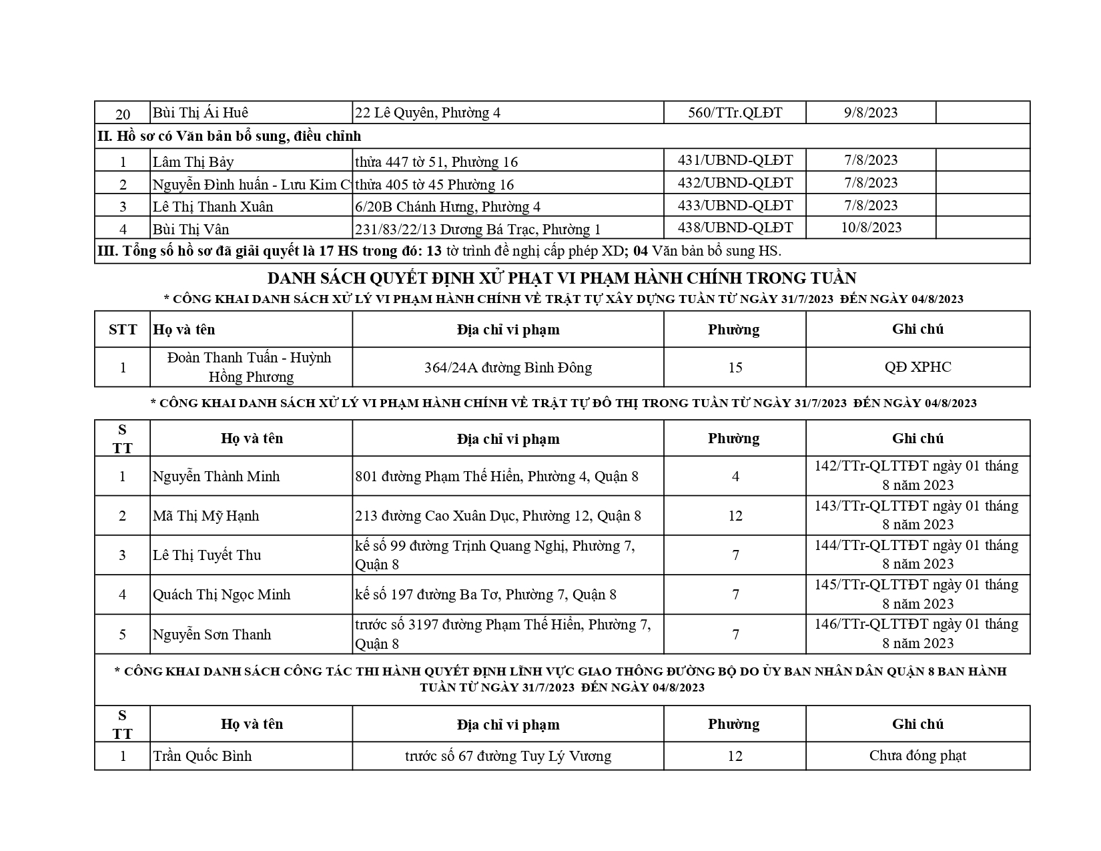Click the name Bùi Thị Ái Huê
point(201,113)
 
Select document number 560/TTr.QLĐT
point(735,113)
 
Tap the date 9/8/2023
point(871,113)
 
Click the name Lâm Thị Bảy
point(194,162)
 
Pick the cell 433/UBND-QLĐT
point(735,206)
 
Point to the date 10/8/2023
point(871,228)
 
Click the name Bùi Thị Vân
point(191,230)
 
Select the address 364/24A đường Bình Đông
point(508,367)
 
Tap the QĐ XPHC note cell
point(917,367)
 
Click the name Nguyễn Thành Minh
point(216,477)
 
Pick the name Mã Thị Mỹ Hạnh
point(206,516)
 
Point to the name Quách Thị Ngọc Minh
point(222,595)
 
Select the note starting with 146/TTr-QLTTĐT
point(917,633)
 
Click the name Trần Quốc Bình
point(202,756)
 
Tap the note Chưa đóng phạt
point(917,756)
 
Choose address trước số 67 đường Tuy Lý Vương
point(508,756)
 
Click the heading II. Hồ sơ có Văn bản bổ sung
point(230,136)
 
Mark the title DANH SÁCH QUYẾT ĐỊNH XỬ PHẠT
point(562,278)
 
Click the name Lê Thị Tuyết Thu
point(207,555)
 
